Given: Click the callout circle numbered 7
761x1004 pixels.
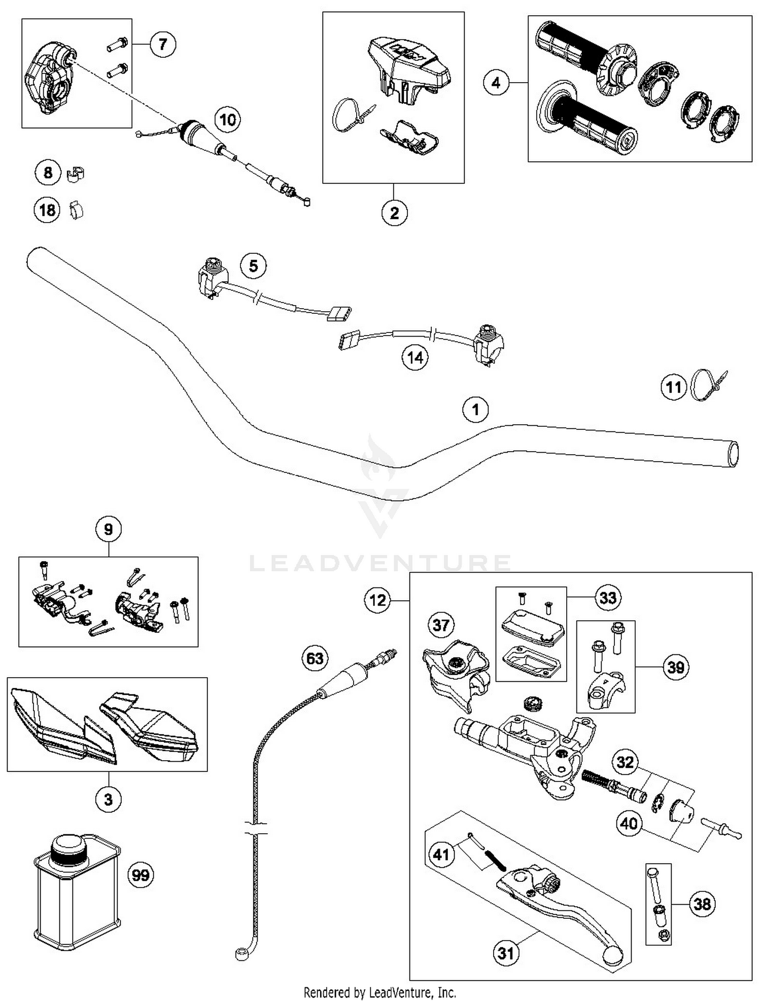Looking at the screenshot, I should tap(162, 44).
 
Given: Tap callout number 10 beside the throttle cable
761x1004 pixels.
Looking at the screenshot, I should tap(228, 120).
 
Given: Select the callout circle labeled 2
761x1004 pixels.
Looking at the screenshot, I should tap(394, 213).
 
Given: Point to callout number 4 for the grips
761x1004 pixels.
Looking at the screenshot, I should tap(496, 83).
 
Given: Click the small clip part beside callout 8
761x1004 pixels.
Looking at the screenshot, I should tap(75, 174).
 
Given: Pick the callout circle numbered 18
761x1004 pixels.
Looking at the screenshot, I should tap(47, 210).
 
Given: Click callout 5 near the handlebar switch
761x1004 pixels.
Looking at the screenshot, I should tap(253, 266).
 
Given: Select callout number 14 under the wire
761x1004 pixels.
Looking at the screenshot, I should tap(415, 358).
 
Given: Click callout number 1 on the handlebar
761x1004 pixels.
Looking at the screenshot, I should tap(475, 409).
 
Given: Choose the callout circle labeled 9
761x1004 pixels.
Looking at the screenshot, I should tap(108, 530).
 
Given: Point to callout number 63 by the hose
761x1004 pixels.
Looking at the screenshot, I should tap(315, 658).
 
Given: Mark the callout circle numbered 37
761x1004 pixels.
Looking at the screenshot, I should tap(440, 625).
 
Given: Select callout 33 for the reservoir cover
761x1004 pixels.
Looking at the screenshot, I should tap(608, 598).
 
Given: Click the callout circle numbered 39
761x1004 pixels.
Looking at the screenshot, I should tap(676, 667).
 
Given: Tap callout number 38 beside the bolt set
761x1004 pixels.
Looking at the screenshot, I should tap(702, 904).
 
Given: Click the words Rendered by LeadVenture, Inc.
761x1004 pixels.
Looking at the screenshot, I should tap(379, 992).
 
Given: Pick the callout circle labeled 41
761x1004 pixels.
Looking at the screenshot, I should tap(441, 854).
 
